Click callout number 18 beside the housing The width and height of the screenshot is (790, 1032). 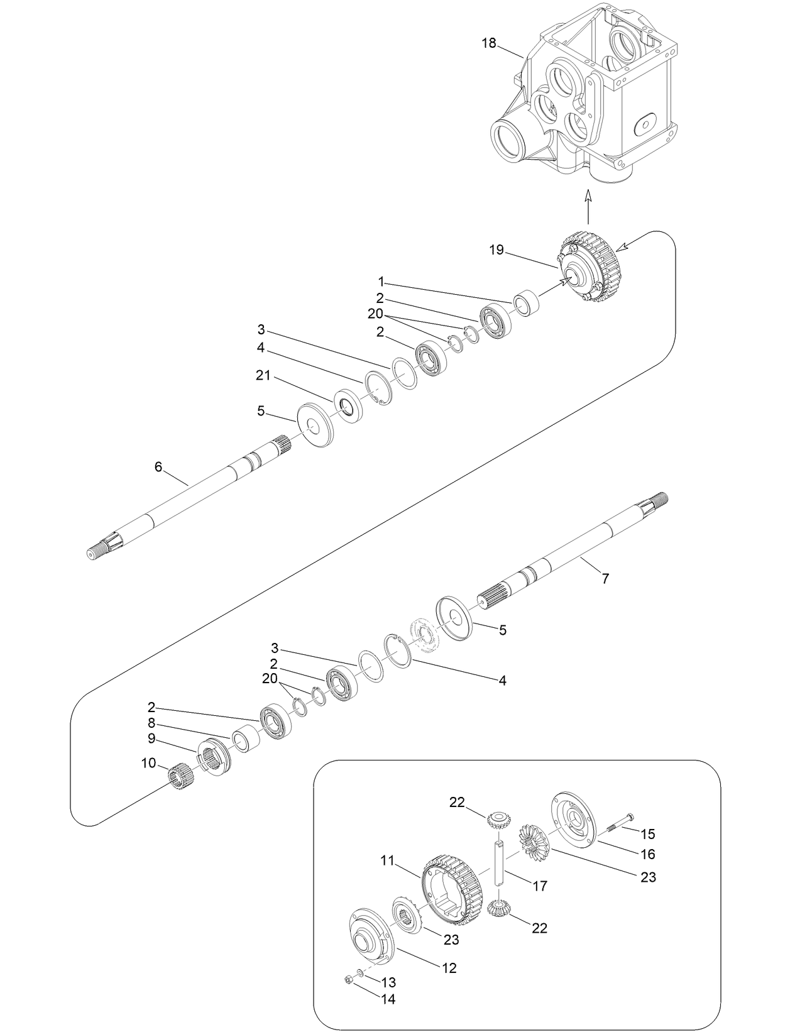(489, 43)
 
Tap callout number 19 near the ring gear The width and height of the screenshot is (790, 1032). (496, 250)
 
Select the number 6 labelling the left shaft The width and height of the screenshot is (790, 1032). (158, 466)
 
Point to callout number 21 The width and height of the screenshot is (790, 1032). (263, 375)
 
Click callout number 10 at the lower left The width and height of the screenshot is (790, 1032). (148, 763)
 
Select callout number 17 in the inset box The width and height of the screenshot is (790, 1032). (540, 886)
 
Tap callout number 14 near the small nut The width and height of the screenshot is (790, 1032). (389, 999)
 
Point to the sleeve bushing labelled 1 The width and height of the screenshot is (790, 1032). (527, 303)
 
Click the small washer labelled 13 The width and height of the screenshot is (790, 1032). (359, 973)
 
